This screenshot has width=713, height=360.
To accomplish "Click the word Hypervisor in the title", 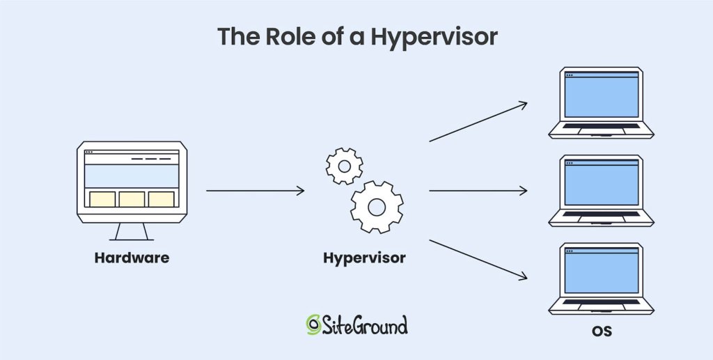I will tap(434, 36).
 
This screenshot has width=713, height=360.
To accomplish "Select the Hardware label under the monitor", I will tap(132, 258).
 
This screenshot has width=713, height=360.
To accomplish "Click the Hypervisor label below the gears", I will tap(364, 258).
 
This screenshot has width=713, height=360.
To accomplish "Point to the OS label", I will tap(602, 331).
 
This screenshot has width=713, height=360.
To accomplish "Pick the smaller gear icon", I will tap(344, 166).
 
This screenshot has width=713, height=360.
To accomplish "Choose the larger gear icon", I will tap(377, 206).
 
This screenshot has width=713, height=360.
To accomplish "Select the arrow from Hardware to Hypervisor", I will tap(255, 190).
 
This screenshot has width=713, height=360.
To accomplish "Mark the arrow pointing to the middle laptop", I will tap(478, 190).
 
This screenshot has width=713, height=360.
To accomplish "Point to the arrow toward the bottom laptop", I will tap(478, 260).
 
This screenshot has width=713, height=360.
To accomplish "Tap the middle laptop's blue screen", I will tap(601, 184).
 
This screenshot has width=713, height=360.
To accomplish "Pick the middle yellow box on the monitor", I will tap(132, 199).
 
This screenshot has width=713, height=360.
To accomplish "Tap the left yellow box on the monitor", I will tap(102, 199).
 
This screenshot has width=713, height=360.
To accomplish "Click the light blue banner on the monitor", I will tap(132, 175).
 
